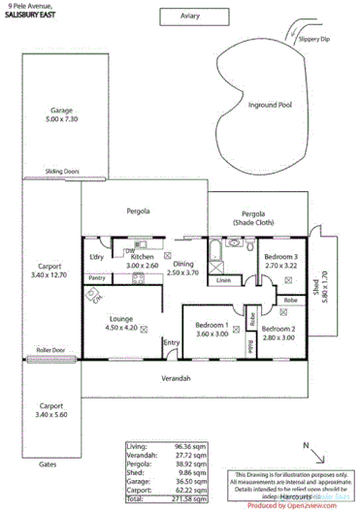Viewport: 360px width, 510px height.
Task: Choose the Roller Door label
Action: click(x=49, y=349)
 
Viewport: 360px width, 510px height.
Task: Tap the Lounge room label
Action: click(x=121, y=322)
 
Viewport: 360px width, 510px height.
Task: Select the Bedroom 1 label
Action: click(x=212, y=329)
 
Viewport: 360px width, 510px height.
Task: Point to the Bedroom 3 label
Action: click(x=279, y=258)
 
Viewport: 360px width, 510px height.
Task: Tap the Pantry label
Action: click(x=97, y=278)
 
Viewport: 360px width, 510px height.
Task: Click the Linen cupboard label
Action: click(x=224, y=280)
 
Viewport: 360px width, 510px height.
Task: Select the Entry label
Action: click(x=172, y=342)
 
